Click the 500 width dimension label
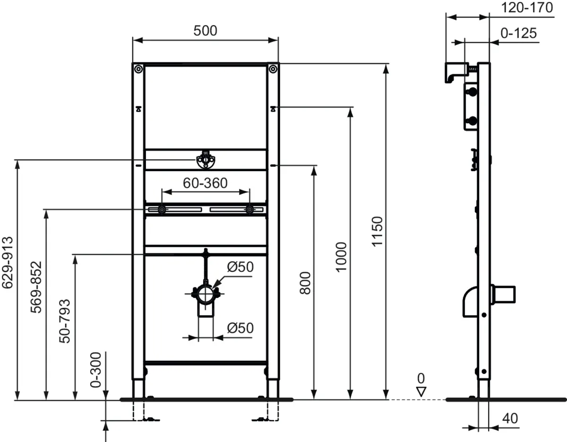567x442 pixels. (x=205, y=31)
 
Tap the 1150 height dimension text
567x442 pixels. (x=377, y=232)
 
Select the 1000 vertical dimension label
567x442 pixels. (x=341, y=257)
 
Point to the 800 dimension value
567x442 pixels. (x=305, y=283)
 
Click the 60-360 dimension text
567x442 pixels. (x=205, y=183)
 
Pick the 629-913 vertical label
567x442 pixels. (x=7, y=263)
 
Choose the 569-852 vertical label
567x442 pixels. (x=36, y=287)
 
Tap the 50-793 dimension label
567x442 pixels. (x=65, y=321)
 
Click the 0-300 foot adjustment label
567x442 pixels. (x=95, y=370)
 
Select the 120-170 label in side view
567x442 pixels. (x=527, y=8)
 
